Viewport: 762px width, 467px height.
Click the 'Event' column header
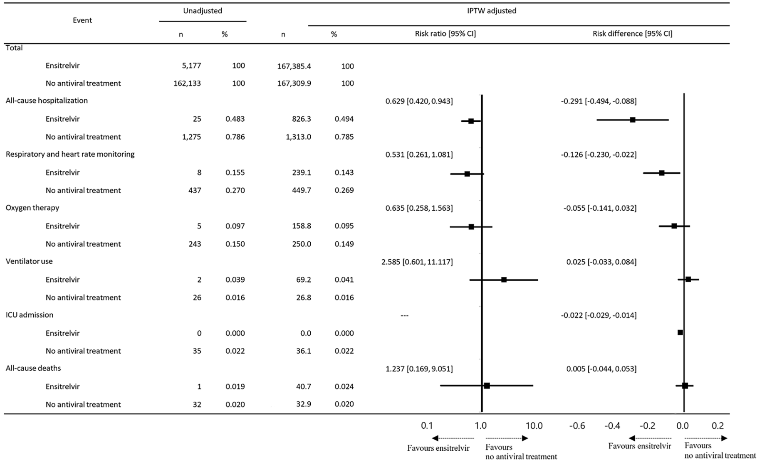tap(82, 20)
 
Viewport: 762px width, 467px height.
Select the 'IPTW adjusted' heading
tap(491, 11)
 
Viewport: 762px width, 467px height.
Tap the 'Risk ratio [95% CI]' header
tap(445, 34)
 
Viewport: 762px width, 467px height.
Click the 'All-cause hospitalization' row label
tap(47, 101)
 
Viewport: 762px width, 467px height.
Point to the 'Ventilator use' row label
tap(29, 261)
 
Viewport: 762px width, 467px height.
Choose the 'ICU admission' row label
tap(30, 315)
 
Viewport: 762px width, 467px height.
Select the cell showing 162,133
tap(187, 84)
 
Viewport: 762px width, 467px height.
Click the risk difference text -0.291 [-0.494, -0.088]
tap(599, 101)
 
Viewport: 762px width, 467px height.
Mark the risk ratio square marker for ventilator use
tap(504, 280)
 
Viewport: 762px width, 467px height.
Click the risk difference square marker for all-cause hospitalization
tap(633, 120)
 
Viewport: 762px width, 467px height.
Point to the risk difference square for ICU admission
tap(680, 332)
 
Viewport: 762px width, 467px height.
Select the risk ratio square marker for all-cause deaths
tap(487, 386)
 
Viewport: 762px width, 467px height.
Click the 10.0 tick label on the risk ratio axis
tap(534, 426)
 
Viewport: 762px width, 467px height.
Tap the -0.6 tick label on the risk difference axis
tap(576, 426)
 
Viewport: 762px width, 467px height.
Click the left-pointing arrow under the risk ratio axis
tap(435, 438)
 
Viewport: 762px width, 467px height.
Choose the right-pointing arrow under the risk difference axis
tap(724, 438)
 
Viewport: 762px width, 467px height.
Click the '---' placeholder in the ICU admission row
tap(404, 315)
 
